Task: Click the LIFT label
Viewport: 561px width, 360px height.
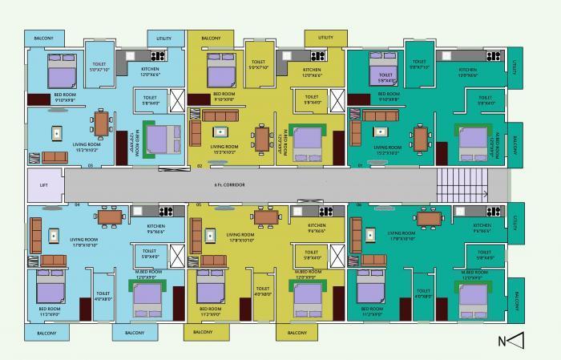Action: (x=44, y=184)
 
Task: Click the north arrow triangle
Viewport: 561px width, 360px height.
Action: (x=517, y=340)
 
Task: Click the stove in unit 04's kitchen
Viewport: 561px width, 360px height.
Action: (x=167, y=212)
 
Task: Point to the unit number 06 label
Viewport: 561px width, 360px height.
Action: (x=358, y=204)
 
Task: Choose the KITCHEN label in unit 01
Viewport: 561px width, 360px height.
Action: (x=468, y=70)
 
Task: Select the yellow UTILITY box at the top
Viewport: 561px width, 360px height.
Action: (x=325, y=38)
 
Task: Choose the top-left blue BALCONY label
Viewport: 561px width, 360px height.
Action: (x=38, y=38)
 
